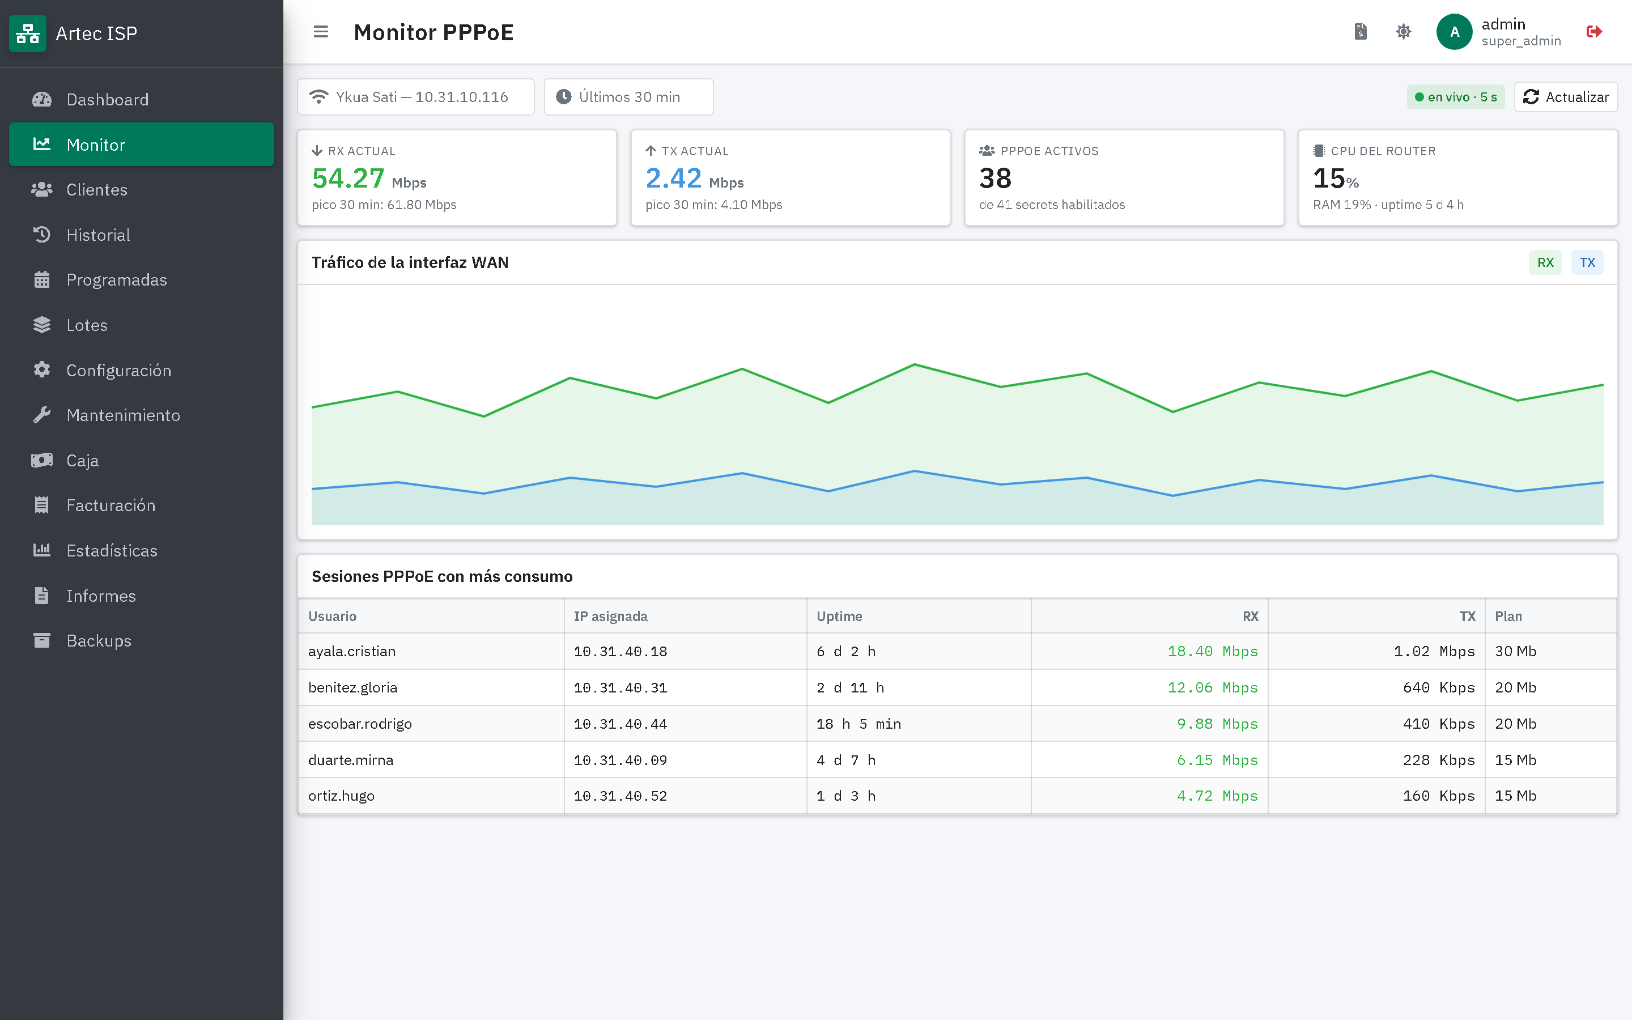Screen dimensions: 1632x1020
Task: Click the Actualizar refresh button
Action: (x=1565, y=97)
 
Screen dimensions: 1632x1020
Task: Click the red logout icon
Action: (x=1594, y=32)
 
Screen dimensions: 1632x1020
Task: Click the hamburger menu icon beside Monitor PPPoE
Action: (x=321, y=32)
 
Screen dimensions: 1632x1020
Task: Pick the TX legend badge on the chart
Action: (x=1587, y=262)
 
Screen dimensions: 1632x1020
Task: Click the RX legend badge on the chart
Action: (x=1545, y=262)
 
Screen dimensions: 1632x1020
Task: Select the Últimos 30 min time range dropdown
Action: (x=628, y=97)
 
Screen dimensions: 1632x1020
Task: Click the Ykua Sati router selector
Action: (x=415, y=97)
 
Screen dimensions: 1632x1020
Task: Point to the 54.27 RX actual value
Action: (x=348, y=178)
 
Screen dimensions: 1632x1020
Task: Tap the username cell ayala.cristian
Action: (x=352, y=651)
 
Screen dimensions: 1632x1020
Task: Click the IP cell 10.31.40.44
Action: (x=620, y=724)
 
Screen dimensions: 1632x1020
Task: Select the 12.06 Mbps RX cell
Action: (x=1213, y=687)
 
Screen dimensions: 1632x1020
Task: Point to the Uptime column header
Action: (x=839, y=616)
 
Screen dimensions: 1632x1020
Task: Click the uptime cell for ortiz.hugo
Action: (x=845, y=796)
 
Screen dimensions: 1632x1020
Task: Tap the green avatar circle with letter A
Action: (x=1455, y=32)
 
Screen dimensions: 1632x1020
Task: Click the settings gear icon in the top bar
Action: (x=1404, y=32)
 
